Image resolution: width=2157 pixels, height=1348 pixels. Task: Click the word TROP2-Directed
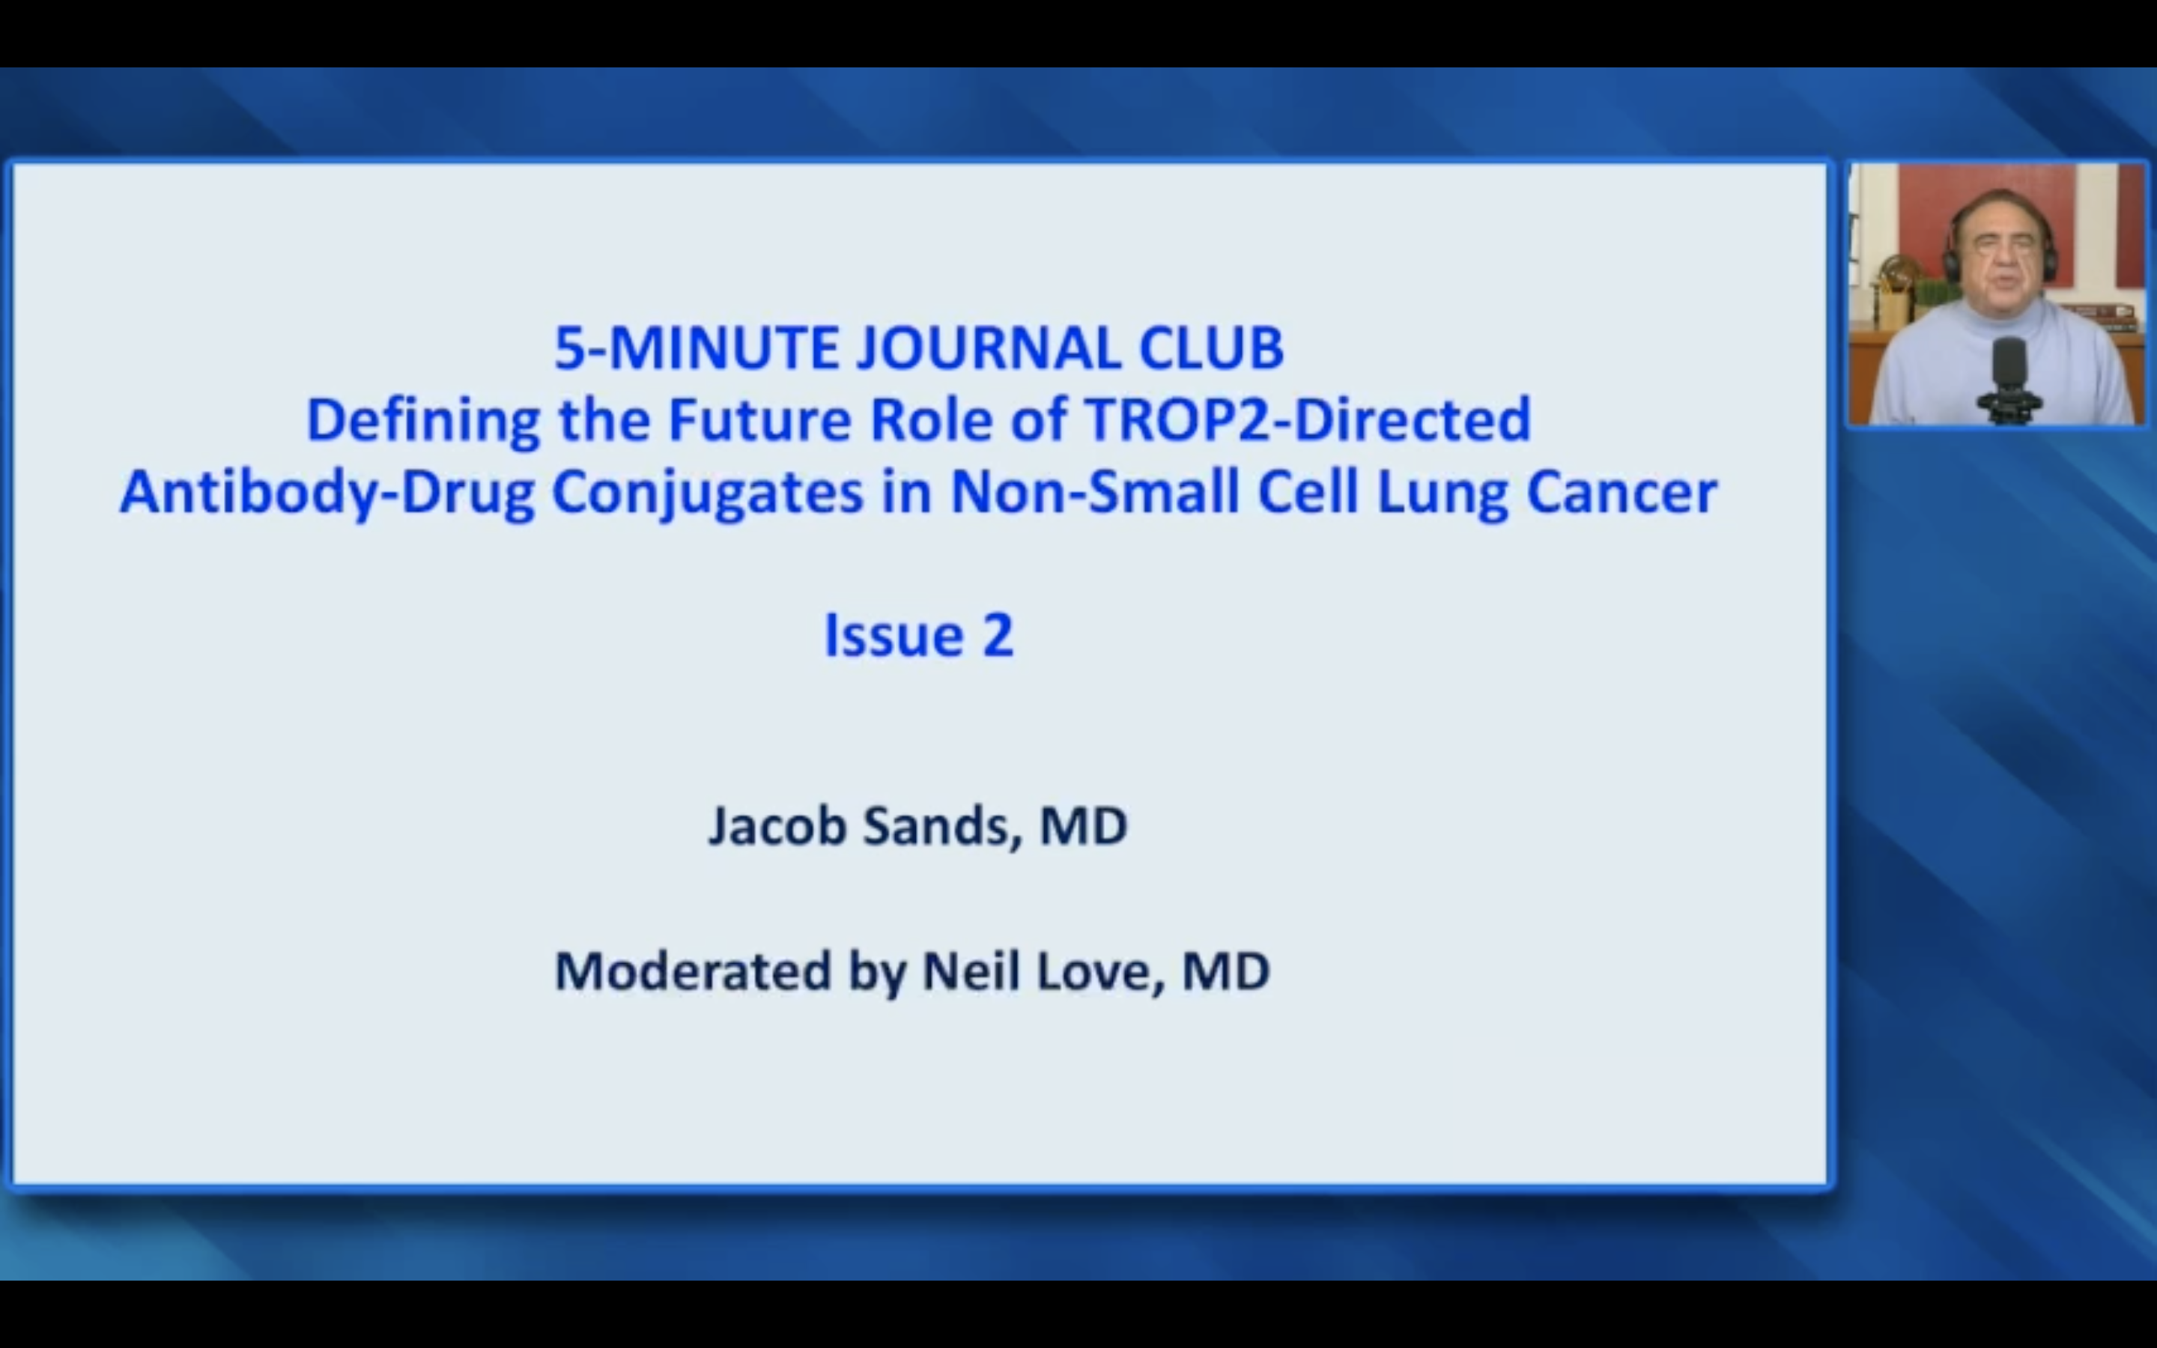(x=1308, y=419)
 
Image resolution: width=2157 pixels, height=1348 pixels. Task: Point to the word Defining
(x=423, y=421)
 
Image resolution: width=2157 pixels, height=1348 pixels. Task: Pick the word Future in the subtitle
(x=760, y=419)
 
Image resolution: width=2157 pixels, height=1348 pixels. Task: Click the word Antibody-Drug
(x=327, y=493)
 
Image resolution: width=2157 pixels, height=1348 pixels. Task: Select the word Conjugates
(x=708, y=493)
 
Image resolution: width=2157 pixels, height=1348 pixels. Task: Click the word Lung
(x=1443, y=493)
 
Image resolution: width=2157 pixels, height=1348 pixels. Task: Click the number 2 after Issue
(x=998, y=636)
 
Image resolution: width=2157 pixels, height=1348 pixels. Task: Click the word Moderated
(x=693, y=971)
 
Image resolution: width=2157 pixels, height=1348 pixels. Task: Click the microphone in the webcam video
(x=2009, y=379)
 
